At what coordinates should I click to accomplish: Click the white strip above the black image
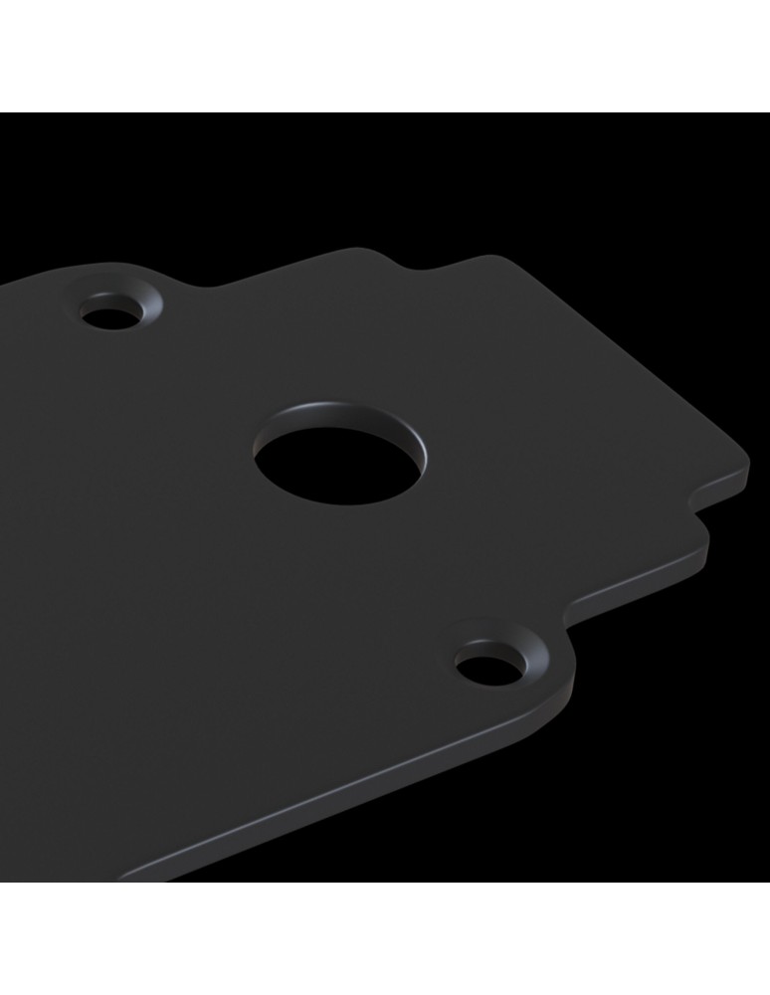click(x=385, y=55)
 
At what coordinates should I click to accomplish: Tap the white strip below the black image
click(x=385, y=940)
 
